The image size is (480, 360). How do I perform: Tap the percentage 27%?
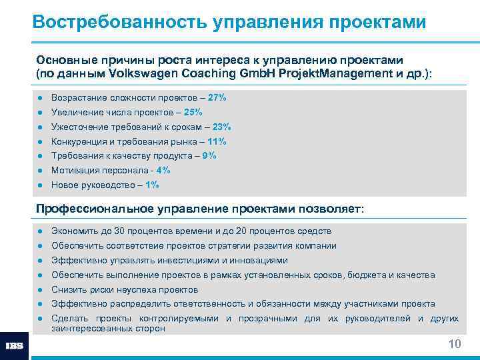pos(217,97)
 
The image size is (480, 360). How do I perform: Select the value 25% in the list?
pos(193,112)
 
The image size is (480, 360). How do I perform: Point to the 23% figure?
pos(222,127)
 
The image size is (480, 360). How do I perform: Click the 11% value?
pos(217,141)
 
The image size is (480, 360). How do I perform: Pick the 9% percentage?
pos(209,156)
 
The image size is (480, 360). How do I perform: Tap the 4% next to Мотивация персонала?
pos(163,171)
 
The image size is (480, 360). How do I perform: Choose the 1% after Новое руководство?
pos(152,185)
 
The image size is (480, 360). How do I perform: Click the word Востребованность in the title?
pos(119,21)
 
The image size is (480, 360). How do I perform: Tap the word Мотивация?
pos(76,171)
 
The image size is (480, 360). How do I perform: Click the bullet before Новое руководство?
pos(41,185)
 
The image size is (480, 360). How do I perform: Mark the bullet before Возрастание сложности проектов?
pos(41,98)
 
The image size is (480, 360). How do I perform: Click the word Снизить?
pos(69,290)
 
